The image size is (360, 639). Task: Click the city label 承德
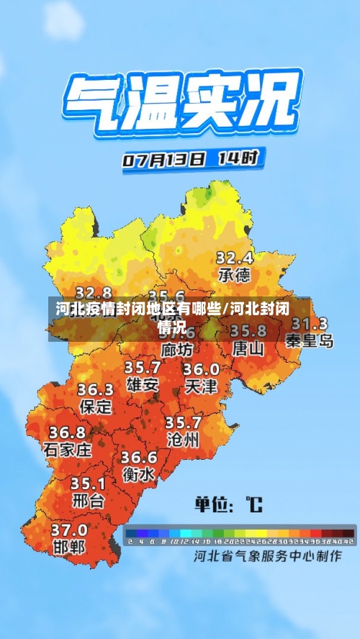234,275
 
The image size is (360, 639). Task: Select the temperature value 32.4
235,257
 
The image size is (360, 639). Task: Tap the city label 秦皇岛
310,340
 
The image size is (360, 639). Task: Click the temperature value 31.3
310,324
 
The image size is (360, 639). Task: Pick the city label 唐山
248,348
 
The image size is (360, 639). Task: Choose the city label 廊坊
177,350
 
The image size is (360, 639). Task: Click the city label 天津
201,386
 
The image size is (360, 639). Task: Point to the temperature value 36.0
201,369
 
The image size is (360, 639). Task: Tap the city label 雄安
143,384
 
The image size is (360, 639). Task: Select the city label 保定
96,407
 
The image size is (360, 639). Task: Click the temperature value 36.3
96,390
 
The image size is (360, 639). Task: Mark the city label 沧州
182,440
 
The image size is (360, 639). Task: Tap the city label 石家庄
68,450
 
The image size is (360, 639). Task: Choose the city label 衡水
138,475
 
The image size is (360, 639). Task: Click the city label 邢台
88,499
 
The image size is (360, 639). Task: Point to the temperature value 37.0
69,530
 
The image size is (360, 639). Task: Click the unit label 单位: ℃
228,504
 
